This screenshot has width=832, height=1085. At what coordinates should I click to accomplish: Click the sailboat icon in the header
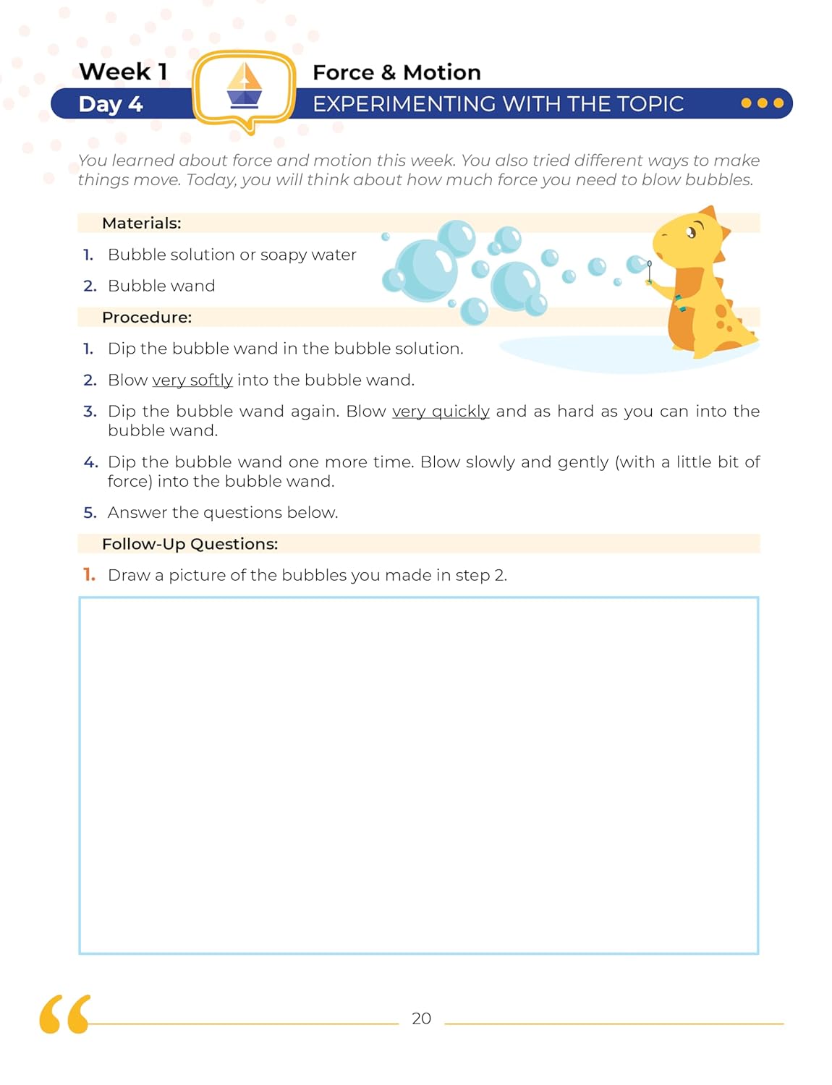pyautogui.click(x=245, y=86)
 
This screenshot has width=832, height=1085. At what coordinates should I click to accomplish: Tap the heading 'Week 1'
pyautogui.click(x=123, y=72)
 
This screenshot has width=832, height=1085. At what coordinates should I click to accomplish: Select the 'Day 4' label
pyautogui.click(x=111, y=104)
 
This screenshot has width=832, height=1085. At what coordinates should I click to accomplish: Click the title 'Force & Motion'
pyautogui.click(x=396, y=72)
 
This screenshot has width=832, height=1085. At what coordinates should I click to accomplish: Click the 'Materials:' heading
pyautogui.click(x=142, y=223)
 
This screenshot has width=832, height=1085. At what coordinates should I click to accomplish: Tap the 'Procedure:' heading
pyautogui.click(x=147, y=317)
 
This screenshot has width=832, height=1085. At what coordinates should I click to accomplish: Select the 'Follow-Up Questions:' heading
pyautogui.click(x=190, y=544)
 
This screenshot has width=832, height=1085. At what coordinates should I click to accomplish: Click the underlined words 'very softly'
pyautogui.click(x=192, y=380)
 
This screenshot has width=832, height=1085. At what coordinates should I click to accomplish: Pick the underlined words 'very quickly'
pyautogui.click(x=441, y=411)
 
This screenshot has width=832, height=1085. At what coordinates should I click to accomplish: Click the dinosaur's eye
pyautogui.click(x=692, y=232)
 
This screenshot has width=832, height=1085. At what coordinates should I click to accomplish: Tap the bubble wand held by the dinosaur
pyautogui.click(x=650, y=271)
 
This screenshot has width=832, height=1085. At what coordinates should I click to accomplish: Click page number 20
pyautogui.click(x=421, y=1018)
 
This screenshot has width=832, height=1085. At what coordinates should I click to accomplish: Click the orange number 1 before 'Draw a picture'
pyautogui.click(x=89, y=575)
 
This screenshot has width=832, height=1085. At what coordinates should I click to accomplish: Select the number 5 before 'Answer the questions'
pyautogui.click(x=90, y=513)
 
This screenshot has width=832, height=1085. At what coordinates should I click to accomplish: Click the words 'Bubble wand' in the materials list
pyautogui.click(x=161, y=286)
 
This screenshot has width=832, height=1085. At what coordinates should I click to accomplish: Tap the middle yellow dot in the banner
pyautogui.click(x=762, y=103)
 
